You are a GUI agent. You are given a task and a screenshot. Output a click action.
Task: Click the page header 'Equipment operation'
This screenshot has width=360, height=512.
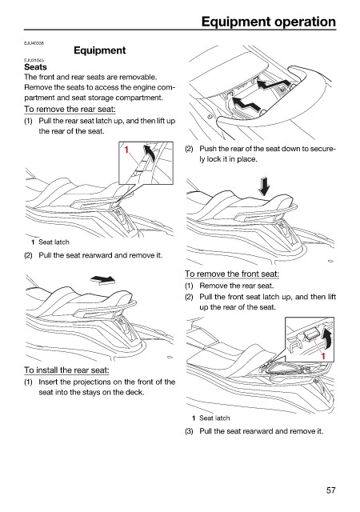point(269,22)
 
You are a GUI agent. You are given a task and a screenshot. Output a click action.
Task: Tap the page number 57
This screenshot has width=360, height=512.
point(330,490)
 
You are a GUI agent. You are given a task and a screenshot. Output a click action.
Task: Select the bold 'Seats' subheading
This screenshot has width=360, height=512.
point(35,67)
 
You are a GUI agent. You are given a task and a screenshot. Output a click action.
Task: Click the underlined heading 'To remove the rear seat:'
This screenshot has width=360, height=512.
point(70,109)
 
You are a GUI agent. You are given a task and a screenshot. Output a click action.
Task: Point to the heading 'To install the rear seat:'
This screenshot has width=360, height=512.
point(66,370)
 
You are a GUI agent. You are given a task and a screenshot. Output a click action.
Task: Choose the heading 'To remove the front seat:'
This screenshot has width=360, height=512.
point(232,274)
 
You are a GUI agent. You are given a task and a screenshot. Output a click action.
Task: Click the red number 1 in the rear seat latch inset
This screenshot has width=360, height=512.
point(126,150)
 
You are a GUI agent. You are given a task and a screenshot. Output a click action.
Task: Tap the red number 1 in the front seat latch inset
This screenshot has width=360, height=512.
point(323,355)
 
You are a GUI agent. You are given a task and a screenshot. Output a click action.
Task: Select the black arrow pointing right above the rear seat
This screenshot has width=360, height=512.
point(103,279)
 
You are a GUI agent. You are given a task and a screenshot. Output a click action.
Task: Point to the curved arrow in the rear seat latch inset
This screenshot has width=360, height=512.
point(150,153)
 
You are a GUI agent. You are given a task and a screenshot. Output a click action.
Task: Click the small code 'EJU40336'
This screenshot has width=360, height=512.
point(34,43)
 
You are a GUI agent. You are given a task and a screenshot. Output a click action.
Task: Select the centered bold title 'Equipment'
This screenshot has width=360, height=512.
point(100,50)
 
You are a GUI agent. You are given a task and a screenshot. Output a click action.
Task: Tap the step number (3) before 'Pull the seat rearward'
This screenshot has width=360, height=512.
point(189,431)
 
